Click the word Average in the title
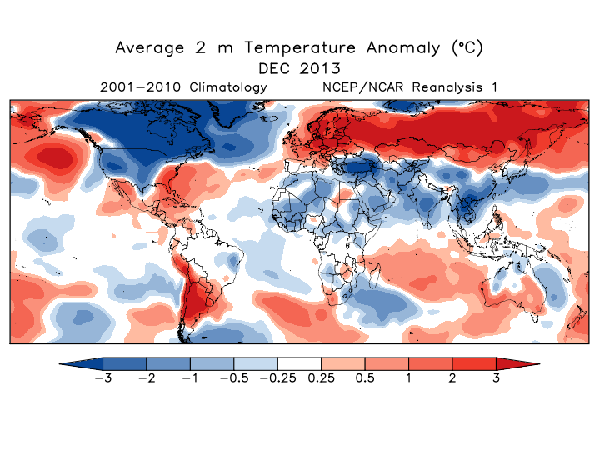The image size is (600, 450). (150, 48)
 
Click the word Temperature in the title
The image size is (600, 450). (300, 47)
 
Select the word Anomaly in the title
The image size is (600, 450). (403, 48)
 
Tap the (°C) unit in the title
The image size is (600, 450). (467, 47)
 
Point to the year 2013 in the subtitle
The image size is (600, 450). (320, 69)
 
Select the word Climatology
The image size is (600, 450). (228, 87)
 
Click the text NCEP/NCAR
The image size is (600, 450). (362, 87)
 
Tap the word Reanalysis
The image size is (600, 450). (447, 87)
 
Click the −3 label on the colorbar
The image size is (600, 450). (103, 378)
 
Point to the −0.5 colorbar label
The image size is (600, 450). (234, 378)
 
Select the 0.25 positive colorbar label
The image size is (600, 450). (322, 378)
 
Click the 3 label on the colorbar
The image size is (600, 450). (497, 378)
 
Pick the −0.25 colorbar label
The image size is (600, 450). (277, 378)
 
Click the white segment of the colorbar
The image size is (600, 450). (300, 363)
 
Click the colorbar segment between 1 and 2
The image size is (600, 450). (431, 363)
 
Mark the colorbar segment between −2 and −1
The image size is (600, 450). (168, 363)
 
